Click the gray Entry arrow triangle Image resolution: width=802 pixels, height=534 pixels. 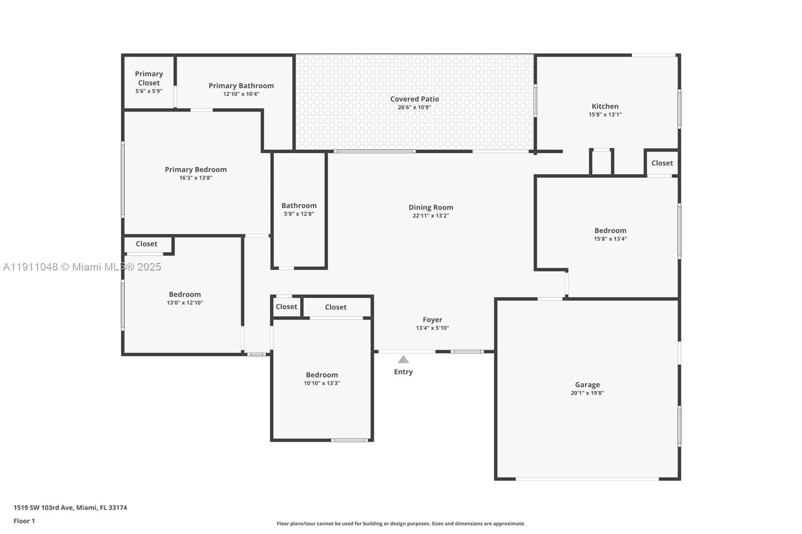click(404, 360)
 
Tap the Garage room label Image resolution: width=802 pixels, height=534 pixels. click(587, 385)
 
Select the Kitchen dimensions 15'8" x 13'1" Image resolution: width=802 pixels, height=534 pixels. click(605, 115)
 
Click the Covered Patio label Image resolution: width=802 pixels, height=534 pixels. click(415, 99)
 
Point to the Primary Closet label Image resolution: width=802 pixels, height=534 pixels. click(149, 78)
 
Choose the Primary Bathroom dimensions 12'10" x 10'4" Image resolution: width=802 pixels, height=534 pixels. click(241, 94)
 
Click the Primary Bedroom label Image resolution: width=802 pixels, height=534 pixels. click(195, 169)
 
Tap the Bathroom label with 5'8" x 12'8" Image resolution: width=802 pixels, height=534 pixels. click(299, 205)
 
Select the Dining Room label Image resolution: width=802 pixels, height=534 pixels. click(431, 207)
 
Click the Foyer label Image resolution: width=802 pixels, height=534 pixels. click(432, 320)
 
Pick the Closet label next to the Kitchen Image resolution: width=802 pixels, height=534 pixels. click(662, 163)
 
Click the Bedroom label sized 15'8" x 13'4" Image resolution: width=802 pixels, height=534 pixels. click(610, 230)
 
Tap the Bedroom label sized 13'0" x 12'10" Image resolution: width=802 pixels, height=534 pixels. click(184, 295)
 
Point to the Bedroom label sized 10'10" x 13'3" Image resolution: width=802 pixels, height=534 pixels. click(322, 375)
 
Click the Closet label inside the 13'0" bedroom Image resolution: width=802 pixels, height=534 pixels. click(146, 244)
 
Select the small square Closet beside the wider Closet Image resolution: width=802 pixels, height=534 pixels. click(286, 307)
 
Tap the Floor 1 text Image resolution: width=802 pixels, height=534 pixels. click(24, 521)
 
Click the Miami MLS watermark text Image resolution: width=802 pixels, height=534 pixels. click(82, 267)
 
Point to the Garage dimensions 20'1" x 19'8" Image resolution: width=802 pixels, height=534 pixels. click(587, 393)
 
